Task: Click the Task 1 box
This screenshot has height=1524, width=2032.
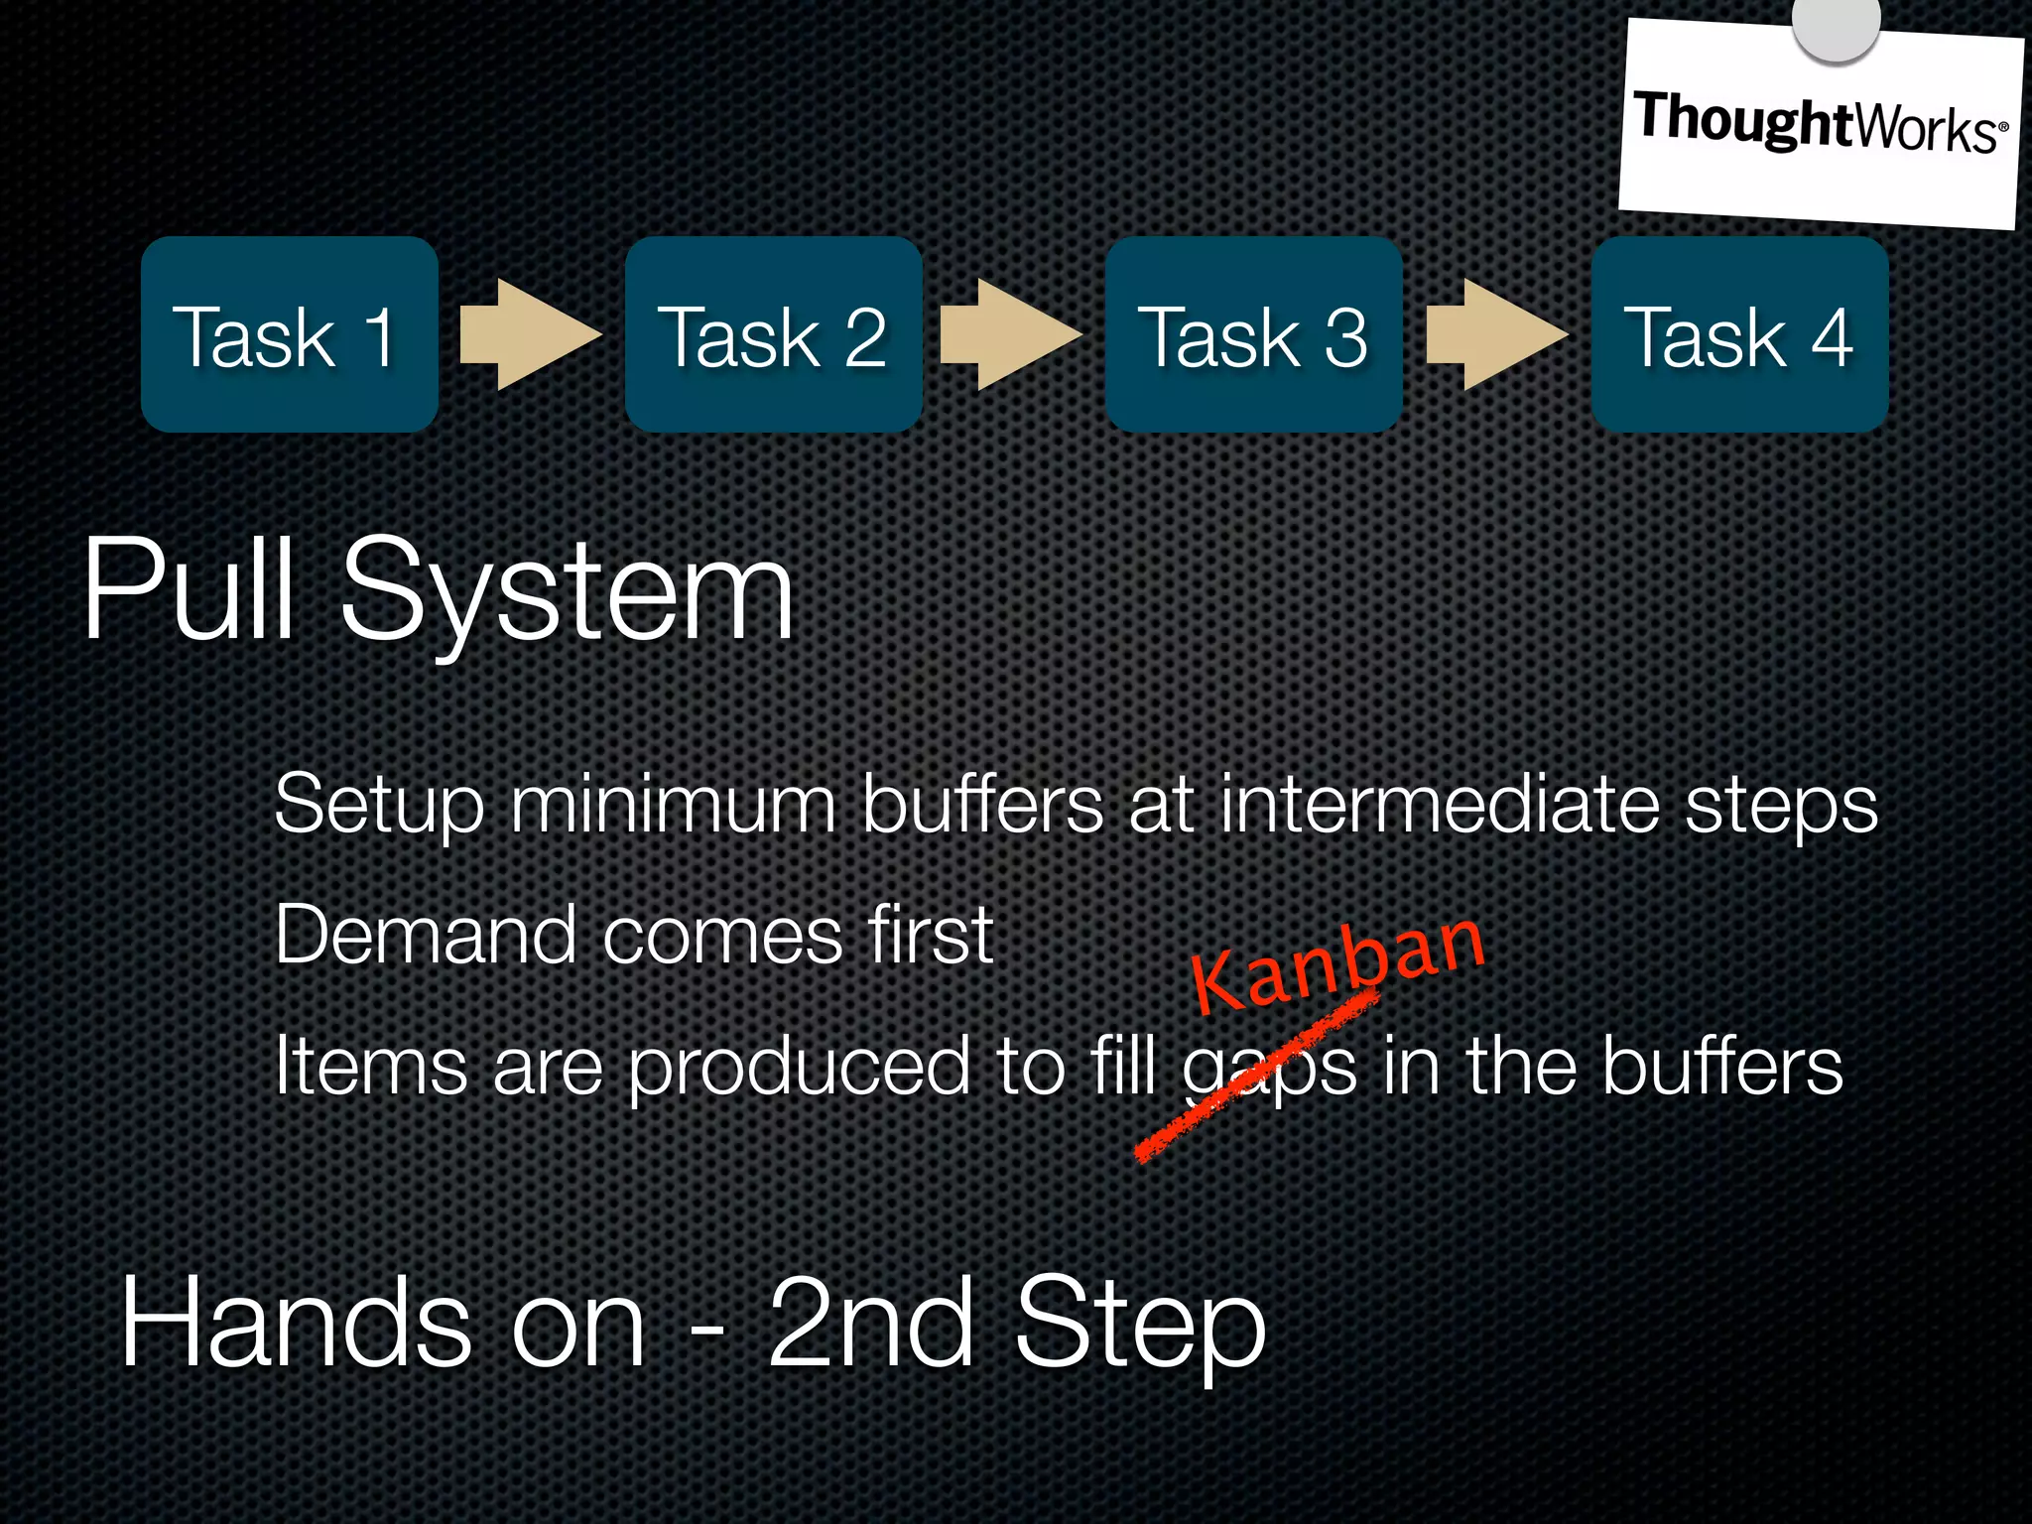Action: pos(289,334)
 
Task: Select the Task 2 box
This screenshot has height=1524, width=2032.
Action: pos(773,334)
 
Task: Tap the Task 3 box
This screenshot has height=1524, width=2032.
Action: pos(1253,334)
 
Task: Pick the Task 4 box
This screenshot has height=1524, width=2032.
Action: pos(1739,334)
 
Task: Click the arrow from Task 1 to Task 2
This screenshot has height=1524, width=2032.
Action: pos(530,334)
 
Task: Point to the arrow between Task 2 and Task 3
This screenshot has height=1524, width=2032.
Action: pos(1010,334)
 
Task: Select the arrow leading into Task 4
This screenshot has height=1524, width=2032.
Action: pos(1496,334)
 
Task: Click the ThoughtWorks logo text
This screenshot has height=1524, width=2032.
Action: pos(1819,124)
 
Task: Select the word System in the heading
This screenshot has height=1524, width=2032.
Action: pos(566,595)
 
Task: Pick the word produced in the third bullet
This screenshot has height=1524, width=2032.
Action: pos(799,1068)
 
